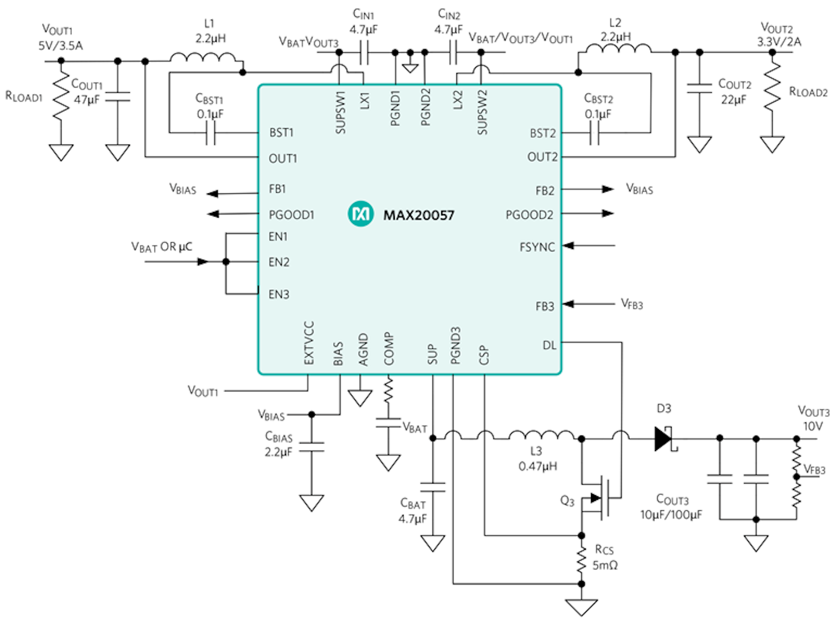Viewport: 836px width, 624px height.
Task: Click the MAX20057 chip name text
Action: pos(419,215)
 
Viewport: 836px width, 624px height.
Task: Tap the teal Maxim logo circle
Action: pos(360,214)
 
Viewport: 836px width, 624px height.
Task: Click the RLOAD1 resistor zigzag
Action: pos(61,98)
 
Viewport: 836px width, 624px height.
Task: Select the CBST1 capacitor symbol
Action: pos(211,134)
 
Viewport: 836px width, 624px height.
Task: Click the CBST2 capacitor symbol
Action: pos(594,134)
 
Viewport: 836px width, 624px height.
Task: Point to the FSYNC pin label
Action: pos(537,247)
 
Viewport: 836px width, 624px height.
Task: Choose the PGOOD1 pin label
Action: pos(291,215)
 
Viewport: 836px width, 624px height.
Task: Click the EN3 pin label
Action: pos(279,294)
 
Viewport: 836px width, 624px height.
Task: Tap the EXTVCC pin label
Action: pos(309,343)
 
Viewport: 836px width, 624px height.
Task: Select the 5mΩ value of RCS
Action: pos(605,565)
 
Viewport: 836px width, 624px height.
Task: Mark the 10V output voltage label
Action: pos(813,426)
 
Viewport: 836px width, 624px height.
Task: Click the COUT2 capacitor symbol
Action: pos(699,88)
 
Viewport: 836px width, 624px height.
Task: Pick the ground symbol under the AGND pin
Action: pos(360,398)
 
